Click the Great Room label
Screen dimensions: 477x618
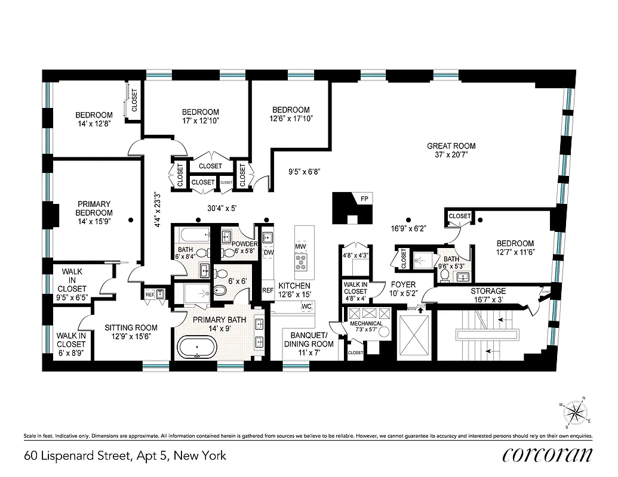451,146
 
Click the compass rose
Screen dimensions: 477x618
576,413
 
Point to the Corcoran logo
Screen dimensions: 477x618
548,455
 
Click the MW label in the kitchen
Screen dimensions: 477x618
300,246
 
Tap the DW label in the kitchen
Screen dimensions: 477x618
268,252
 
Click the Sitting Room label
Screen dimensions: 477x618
131,327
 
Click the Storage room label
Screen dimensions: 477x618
488,291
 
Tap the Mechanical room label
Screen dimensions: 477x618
366,324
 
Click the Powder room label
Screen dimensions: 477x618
244,244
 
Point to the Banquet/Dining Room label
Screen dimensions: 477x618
308,339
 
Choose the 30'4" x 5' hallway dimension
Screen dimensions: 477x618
214,208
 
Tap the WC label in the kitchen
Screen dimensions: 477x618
307,306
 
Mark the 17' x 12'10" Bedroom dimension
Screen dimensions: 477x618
200,121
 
